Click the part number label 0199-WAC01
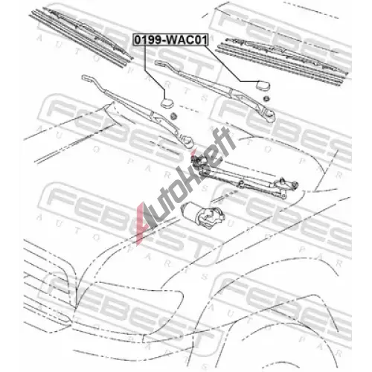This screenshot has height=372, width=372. (170, 40)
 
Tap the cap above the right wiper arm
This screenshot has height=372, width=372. (263, 86)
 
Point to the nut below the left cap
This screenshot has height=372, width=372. (173, 115)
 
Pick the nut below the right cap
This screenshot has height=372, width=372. (266, 98)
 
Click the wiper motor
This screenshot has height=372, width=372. (203, 215)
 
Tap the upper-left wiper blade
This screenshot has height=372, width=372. (80, 35)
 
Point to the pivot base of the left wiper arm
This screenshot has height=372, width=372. (187, 141)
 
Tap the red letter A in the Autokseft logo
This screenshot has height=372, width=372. (143, 223)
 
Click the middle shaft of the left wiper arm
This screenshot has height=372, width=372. (129, 103)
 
